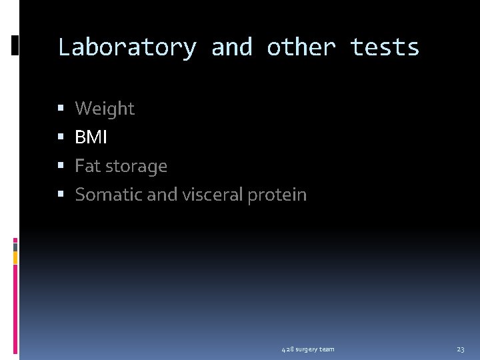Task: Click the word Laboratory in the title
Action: [x=127, y=47]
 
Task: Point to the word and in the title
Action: [x=231, y=47]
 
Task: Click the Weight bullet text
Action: [x=105, y=108]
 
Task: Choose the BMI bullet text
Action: [x=91, y=137]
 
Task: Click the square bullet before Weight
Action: [x=61, y=109]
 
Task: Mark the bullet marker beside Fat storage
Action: [x=61, y=166]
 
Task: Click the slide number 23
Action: [x=461, y=349]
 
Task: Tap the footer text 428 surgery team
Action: [x=308, y=349]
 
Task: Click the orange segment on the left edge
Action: [x=15, y=257]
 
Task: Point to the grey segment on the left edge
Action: [x=15, y=246]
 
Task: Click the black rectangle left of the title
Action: [x=15, y=45]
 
